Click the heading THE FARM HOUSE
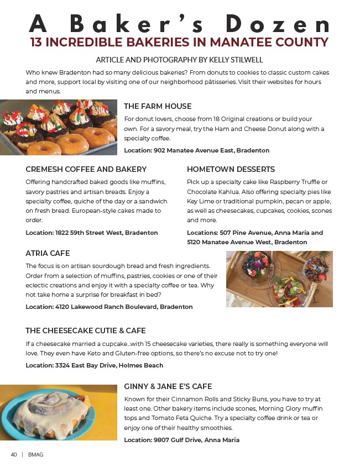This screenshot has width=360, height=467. tap(158, 106)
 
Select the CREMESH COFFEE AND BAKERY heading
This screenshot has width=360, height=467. tap(86, 169)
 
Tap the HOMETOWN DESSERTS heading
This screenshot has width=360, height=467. tap(231, 169)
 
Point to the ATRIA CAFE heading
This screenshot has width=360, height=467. tap(48, 253)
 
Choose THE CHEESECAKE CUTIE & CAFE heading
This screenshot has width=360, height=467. tap(86, 330)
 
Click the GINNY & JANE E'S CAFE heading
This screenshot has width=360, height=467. tap(168, 386)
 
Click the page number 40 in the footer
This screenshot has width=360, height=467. tap(14, 455)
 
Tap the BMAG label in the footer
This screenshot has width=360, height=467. tap(35, 455)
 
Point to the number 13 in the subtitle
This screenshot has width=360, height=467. tap(36, 43)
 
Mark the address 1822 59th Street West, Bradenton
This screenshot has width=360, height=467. tap(106, 233)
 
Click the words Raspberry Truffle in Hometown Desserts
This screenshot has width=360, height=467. tap(293, 182)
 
